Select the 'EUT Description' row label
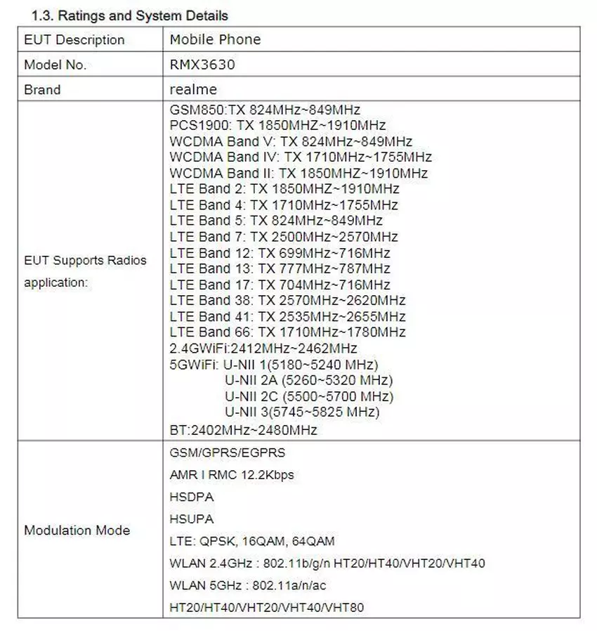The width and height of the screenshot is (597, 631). pos(74,39)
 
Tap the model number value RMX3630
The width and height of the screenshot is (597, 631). pos(202,65)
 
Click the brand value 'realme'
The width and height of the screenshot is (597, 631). pos(193,89)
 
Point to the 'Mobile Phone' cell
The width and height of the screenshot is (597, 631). pos(215,39)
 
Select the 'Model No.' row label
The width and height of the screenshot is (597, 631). pos(55,65)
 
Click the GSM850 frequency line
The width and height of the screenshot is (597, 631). pos(265,110)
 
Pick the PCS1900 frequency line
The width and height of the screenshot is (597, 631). pos(277,126)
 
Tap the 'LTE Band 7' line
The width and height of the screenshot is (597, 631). pos(284,237)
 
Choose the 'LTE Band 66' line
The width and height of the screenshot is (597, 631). pos(287,332)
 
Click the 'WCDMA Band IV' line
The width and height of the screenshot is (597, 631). pos(301,157)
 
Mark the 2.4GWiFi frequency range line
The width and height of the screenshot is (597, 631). pos(263,348)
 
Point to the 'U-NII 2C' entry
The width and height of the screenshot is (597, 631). pos(308,396)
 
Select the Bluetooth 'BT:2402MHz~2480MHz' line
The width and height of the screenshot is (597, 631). pos(243,429)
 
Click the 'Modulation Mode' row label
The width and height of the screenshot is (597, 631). pos(77,530)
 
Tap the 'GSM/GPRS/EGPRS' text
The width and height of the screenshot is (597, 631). pos(228,453)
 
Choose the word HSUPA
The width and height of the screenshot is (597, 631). pos(192,519)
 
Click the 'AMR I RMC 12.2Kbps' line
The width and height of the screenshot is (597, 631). pos(232,475)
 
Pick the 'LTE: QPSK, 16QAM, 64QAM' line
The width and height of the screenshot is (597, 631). pos(252,541)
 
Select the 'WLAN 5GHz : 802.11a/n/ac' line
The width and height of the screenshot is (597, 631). pos(248,585)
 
